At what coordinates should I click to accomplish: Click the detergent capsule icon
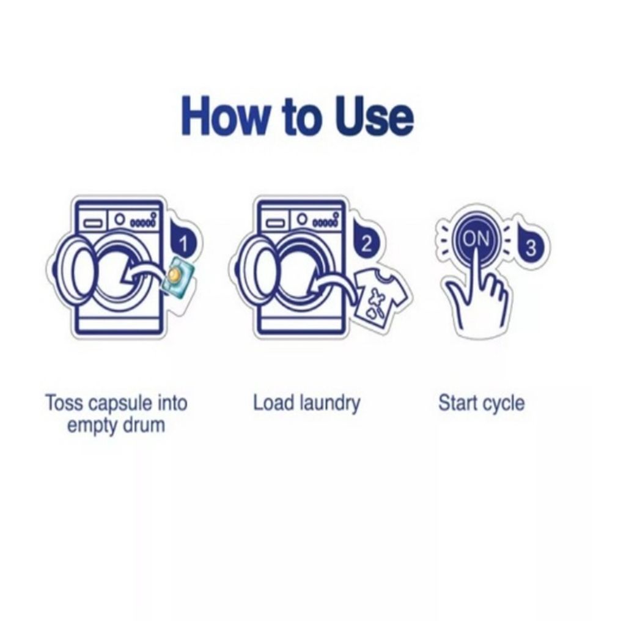pyautogui.click(x=177, y=276)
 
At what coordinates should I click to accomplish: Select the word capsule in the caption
pyautogui.click(x=120, y=404)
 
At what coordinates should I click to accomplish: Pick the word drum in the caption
pyautogui.click(x=144, y=425)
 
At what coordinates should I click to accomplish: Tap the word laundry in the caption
pyautogui.click(x=330, y=404)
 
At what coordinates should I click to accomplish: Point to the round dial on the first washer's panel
pyautogui.click(x=119, y=219)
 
